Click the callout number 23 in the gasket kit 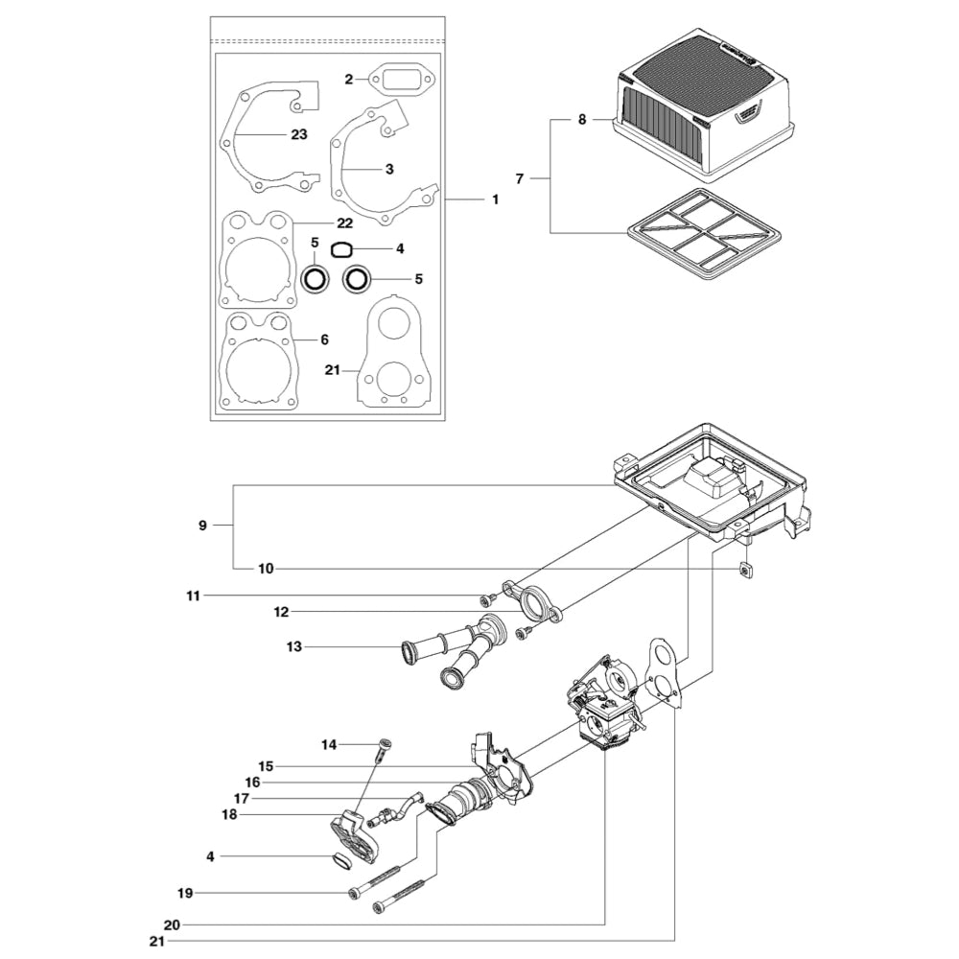pos(298,134)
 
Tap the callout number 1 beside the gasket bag pos(495,199)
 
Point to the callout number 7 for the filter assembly pos(520,178)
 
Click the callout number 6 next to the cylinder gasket pos(324,339)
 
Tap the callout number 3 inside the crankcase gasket pos(388,169)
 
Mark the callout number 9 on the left pos(202,525)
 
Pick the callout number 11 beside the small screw pos(194,596)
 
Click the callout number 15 pos(266,766)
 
